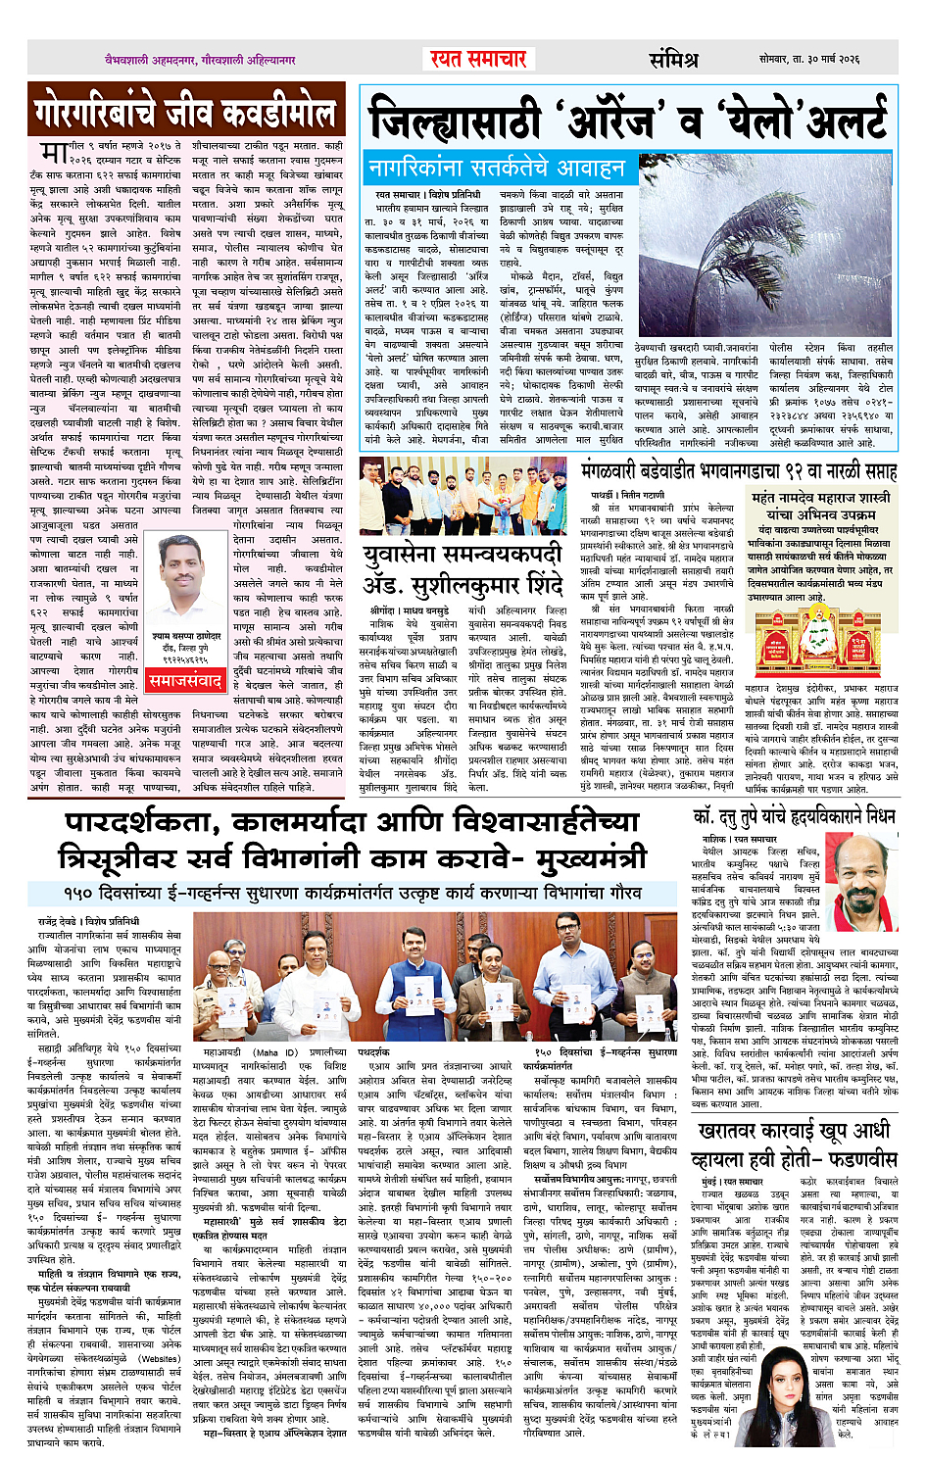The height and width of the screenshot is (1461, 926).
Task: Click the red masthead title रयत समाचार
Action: coord(478,59)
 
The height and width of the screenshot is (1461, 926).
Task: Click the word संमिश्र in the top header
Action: coord(673,60)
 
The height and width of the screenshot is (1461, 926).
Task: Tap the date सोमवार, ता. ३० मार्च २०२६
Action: coord(808,60)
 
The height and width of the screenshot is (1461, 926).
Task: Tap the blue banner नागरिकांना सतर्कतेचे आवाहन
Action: coord(496,169)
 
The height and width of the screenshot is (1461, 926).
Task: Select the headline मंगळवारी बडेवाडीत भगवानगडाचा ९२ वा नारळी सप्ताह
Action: coord(738,471)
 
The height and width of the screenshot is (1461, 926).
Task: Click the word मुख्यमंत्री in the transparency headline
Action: coord(584,859)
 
